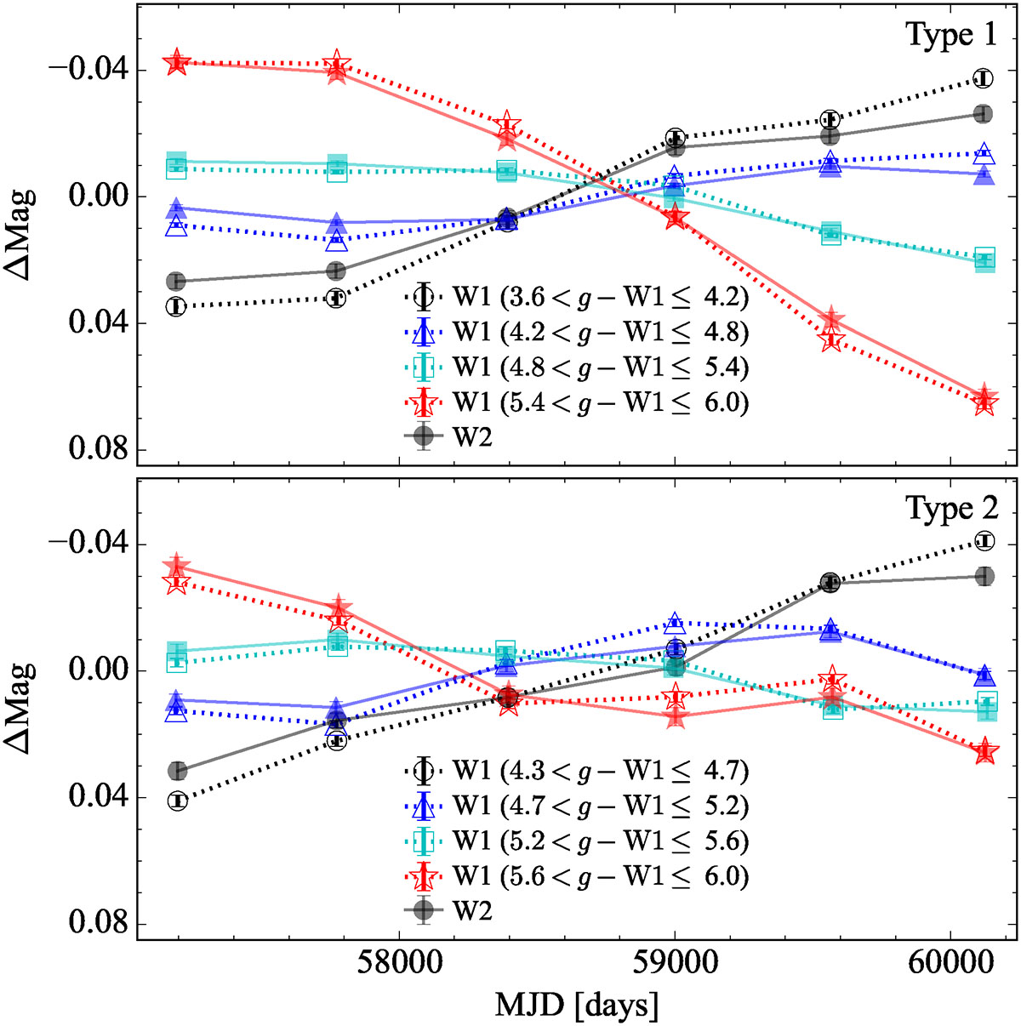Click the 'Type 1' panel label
tap(950, 36)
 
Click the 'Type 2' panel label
tap(950, 509)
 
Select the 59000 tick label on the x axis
tap(675, 964)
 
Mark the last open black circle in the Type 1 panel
tap(984, 78)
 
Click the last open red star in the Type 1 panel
tap(984, 402)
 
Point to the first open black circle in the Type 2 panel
tap(177, 801)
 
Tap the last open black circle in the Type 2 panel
tap(984, 541)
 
